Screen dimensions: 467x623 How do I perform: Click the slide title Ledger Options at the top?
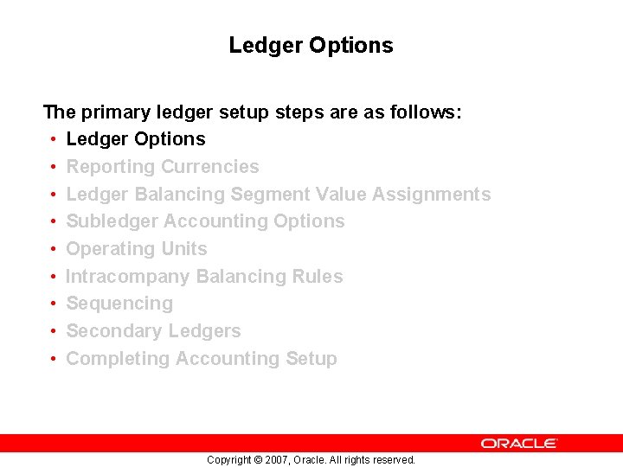pyautogui.click(x=311, y=45)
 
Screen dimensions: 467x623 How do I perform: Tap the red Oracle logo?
pyautogui.click(x=519, y=443)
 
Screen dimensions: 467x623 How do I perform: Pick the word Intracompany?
pyautogui.click(x=128, y=277)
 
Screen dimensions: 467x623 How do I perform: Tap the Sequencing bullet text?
pyautogui.click(x=119, y=304)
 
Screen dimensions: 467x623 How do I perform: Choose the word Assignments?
pyautogui.click(x=432, y=194)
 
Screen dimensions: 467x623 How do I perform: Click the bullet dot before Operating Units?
pyautogui.click(x=54, y=249)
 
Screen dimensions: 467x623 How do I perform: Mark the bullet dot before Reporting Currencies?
pyautogui.click(x=54, y=167)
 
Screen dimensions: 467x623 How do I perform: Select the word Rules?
pyautogui.click(x=319, y=277)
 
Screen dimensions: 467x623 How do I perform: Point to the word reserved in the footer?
pyautogui.click(x=394, y=460)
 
